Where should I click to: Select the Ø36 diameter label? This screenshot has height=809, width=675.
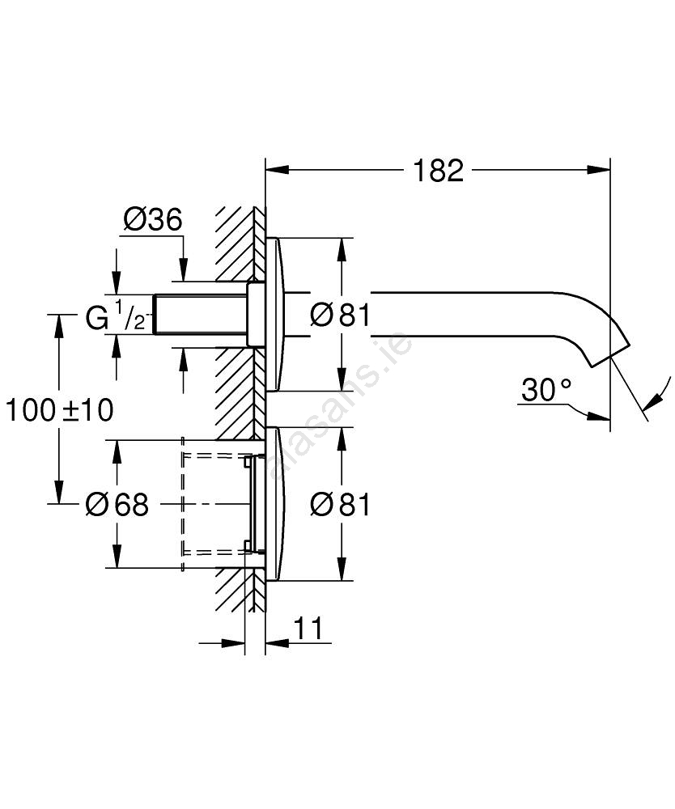pyautogui.click(x=152, y=219)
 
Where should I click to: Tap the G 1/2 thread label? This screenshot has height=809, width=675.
pyautogui.click(x=116, y=316)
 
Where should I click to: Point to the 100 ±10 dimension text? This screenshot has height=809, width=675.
pyautogui.click(x=60, y=410)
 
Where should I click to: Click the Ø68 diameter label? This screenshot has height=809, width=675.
pyautogui.click(x=118, y=506)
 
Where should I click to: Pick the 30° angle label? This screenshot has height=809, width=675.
pyautogui.click(x=546, y=391)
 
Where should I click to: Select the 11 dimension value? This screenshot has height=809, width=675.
pyautogui.click(x=307, y=627)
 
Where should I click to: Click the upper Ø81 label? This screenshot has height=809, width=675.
pyautogui.click(x=340, y=315)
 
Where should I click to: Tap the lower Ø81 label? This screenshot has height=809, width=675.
pyautogui.click(x=340, y=506)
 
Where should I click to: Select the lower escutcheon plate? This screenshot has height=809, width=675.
pyautogui.click(x=274, y=504)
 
